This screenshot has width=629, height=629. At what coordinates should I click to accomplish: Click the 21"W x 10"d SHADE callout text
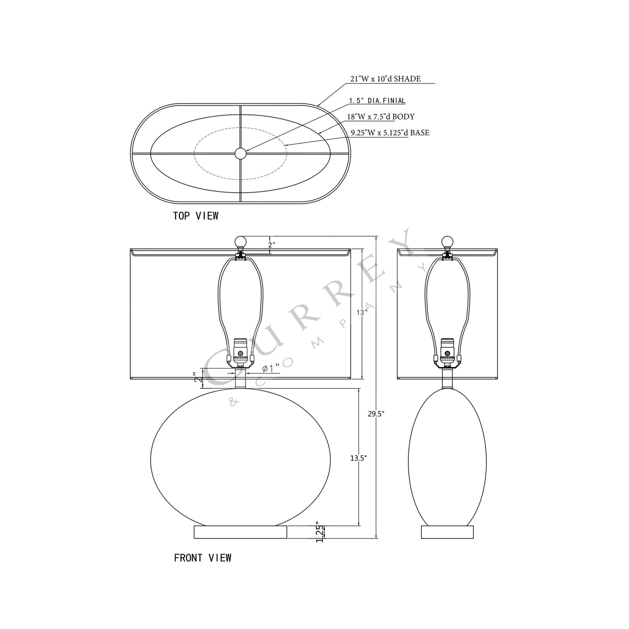385,79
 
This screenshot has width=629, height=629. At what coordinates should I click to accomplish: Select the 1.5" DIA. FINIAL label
377,101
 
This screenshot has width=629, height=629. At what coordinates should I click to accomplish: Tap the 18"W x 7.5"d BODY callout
380,117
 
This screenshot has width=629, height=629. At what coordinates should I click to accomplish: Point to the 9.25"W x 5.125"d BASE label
390,133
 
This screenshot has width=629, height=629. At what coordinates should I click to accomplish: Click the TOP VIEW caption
195,215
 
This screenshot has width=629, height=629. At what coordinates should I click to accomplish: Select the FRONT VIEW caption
202,558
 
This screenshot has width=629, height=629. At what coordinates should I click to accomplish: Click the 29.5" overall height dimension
376,414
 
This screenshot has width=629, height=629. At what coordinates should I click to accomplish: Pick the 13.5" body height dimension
358,457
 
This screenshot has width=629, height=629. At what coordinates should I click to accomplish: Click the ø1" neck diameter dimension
270,369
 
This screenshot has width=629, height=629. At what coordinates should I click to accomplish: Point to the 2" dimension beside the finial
271,245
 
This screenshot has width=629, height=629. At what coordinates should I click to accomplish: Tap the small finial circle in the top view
240,153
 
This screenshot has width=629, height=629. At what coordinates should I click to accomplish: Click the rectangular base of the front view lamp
240,532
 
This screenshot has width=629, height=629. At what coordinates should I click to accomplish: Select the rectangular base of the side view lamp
447,532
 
